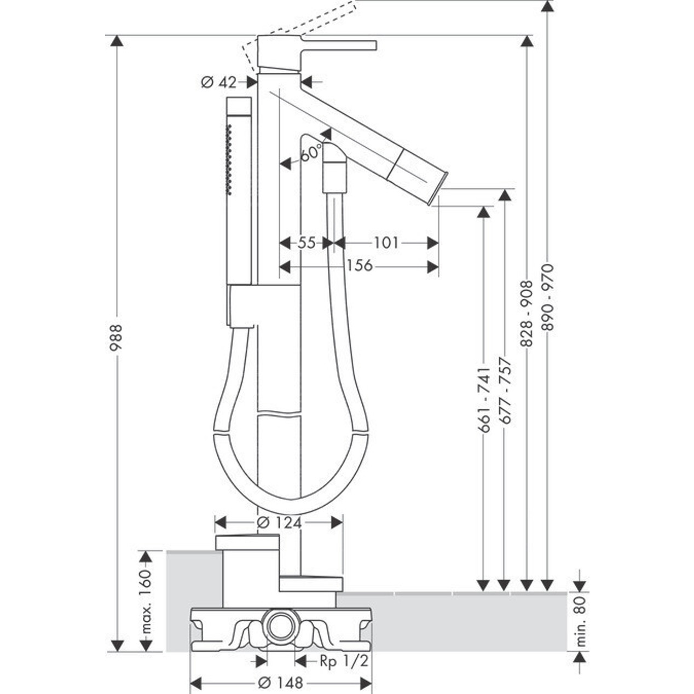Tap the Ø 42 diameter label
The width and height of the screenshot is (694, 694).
point(218,82)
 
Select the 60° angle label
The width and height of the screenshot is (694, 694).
point(310,153)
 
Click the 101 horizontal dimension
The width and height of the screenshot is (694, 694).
point(386,242)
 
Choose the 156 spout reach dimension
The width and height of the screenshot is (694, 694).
point(359,266)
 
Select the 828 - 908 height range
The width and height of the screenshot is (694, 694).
point(526,313)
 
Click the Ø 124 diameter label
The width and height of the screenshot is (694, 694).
point(279,523)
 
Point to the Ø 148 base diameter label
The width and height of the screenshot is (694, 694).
point(280,683)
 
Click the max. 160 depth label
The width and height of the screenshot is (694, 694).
point(146,602)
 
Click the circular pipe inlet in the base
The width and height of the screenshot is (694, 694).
point(281,624)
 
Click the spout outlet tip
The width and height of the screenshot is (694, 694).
point(442,189)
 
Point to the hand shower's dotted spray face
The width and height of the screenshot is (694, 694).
point(230,159)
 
